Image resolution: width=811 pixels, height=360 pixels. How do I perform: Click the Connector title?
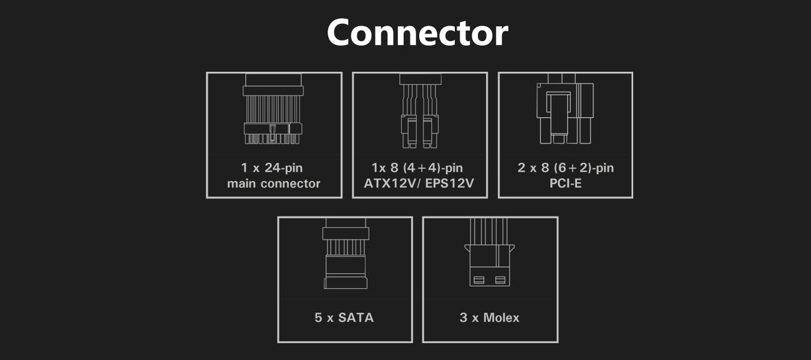[x=417, y=33]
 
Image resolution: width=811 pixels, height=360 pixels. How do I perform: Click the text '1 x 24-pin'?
[x=273, y=168]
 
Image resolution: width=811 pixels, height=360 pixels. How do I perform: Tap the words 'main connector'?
[x=273, y=183]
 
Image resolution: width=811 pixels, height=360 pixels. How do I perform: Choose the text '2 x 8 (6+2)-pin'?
[x=565, y=168]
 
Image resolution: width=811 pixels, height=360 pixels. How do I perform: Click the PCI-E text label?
[x=565, y=183]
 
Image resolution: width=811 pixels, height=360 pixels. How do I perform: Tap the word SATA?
[x=356, y=317]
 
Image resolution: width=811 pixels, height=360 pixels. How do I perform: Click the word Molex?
[x=500, y=317]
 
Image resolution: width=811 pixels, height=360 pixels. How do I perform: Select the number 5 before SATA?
[x=319, y=317]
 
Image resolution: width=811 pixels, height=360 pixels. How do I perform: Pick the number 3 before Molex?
[x=464, y=317]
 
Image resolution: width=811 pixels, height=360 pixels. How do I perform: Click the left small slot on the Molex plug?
[x=479, y=280]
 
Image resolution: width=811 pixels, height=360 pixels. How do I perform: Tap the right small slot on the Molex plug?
[x=500, y=280]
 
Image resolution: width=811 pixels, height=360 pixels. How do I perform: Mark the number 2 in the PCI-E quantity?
[x=522, y=168]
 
